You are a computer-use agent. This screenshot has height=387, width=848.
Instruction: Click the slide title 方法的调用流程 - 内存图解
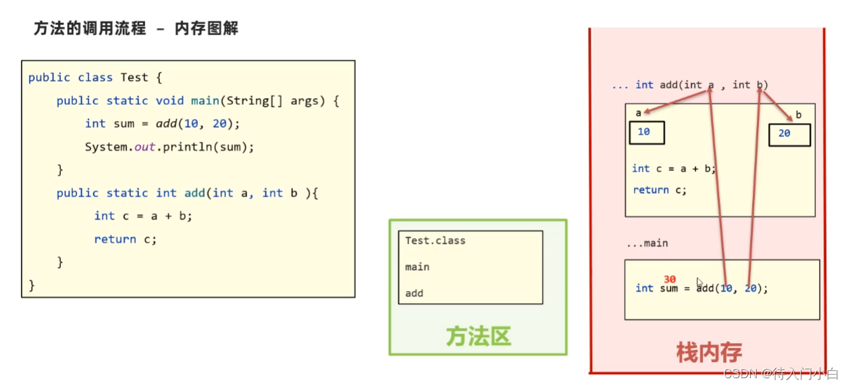tap(136, 29)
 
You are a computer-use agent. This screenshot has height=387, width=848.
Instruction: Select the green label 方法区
tap(478, 336)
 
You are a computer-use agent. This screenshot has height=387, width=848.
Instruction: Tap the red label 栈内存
tap(709, 352)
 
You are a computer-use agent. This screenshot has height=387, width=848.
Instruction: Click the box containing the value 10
tap(647, 132)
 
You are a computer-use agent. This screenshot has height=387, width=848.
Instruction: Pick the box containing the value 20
tap(789, 134)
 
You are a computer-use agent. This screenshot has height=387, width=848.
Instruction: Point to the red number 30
tap(670, 280)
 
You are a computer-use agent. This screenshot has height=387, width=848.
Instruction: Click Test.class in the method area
tap(435, 240)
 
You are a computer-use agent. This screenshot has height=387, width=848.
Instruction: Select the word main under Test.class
tap(417, 267)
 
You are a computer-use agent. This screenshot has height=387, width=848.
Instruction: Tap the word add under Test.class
tap(415, 293)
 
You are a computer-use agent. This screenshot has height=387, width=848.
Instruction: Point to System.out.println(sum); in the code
tap(169, 147)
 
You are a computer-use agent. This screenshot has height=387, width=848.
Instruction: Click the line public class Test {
tap(95, 78)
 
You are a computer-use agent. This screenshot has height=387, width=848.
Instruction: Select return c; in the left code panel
tap(125, 239)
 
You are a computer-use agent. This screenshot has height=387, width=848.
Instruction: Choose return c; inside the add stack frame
tap(660, 190)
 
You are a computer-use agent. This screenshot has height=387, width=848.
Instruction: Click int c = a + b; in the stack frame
tap(673, 169)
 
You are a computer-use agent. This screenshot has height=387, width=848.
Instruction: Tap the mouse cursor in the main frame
tap(700, 283)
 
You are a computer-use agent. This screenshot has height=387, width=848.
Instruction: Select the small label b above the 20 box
tap(798, 115)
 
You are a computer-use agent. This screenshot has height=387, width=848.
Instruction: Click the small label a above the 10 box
tap(639, 113)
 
